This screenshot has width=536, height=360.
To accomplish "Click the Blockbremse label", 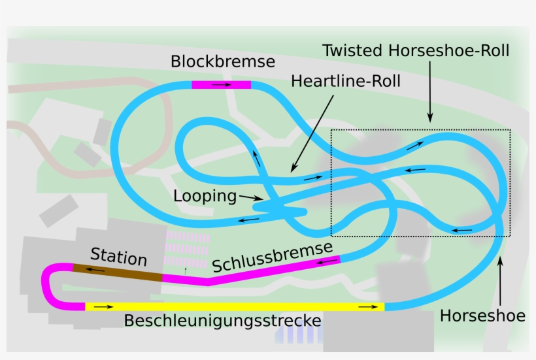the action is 222,61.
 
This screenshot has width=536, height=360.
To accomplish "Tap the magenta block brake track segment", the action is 222,85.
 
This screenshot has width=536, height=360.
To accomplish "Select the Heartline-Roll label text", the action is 346,81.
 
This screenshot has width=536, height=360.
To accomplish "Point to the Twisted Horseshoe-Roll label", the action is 416,50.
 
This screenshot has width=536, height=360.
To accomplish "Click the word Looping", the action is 205,197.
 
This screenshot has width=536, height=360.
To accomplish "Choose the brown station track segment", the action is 118,272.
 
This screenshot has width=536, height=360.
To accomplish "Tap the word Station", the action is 118,257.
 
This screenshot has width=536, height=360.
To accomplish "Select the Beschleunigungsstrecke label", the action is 222,320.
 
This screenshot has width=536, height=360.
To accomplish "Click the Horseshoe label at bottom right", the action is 482,316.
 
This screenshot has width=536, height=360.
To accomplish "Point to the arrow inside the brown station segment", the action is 95,270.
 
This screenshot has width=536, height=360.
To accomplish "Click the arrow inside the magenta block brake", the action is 222,85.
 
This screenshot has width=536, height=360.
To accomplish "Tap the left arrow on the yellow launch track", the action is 103,306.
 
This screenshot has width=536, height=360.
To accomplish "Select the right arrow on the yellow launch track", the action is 368,306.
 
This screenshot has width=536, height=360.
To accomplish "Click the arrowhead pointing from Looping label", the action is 260,198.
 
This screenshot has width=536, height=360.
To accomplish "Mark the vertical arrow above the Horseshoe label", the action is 500,281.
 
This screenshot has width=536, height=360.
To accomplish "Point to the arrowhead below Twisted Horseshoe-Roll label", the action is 430,118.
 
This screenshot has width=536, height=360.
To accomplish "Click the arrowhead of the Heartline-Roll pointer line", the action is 293,168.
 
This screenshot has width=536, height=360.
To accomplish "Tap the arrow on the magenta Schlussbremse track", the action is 327,262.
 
